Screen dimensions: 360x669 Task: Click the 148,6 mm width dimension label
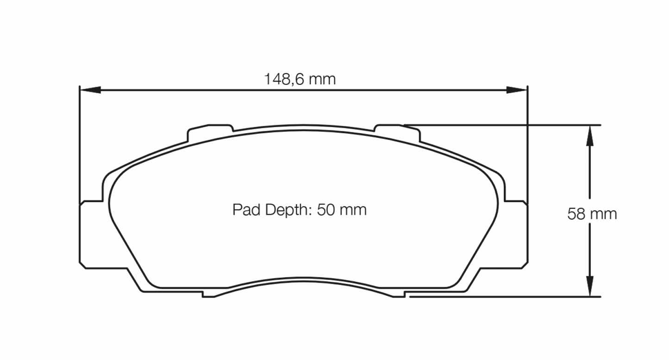coord(300,79)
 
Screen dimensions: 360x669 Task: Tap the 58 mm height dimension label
coord(592,214)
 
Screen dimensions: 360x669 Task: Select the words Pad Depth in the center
coord(270,210)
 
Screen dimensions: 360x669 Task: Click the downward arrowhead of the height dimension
coord(589,286)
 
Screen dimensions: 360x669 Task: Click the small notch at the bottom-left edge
coord(209,294)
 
